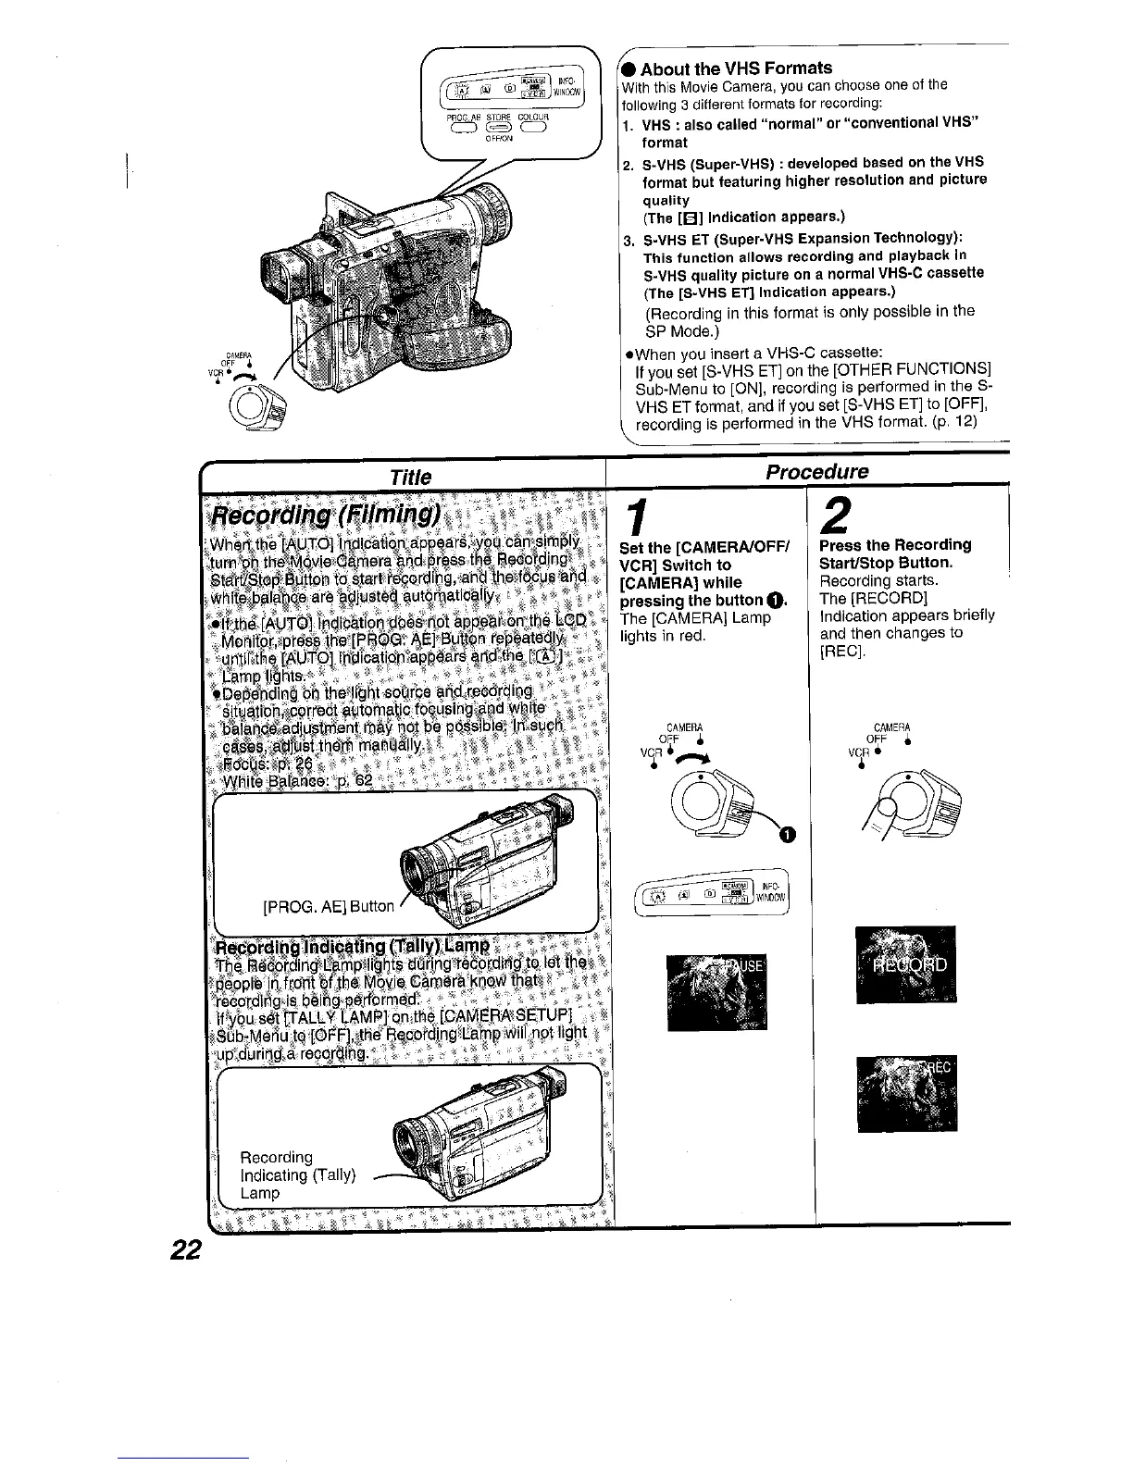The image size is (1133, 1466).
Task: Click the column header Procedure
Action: point(816,471)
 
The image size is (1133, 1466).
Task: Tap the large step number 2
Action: point(837,515)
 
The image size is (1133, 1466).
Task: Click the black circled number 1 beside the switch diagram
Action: point(787,836)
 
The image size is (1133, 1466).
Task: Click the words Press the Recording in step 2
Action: point(895,544)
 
